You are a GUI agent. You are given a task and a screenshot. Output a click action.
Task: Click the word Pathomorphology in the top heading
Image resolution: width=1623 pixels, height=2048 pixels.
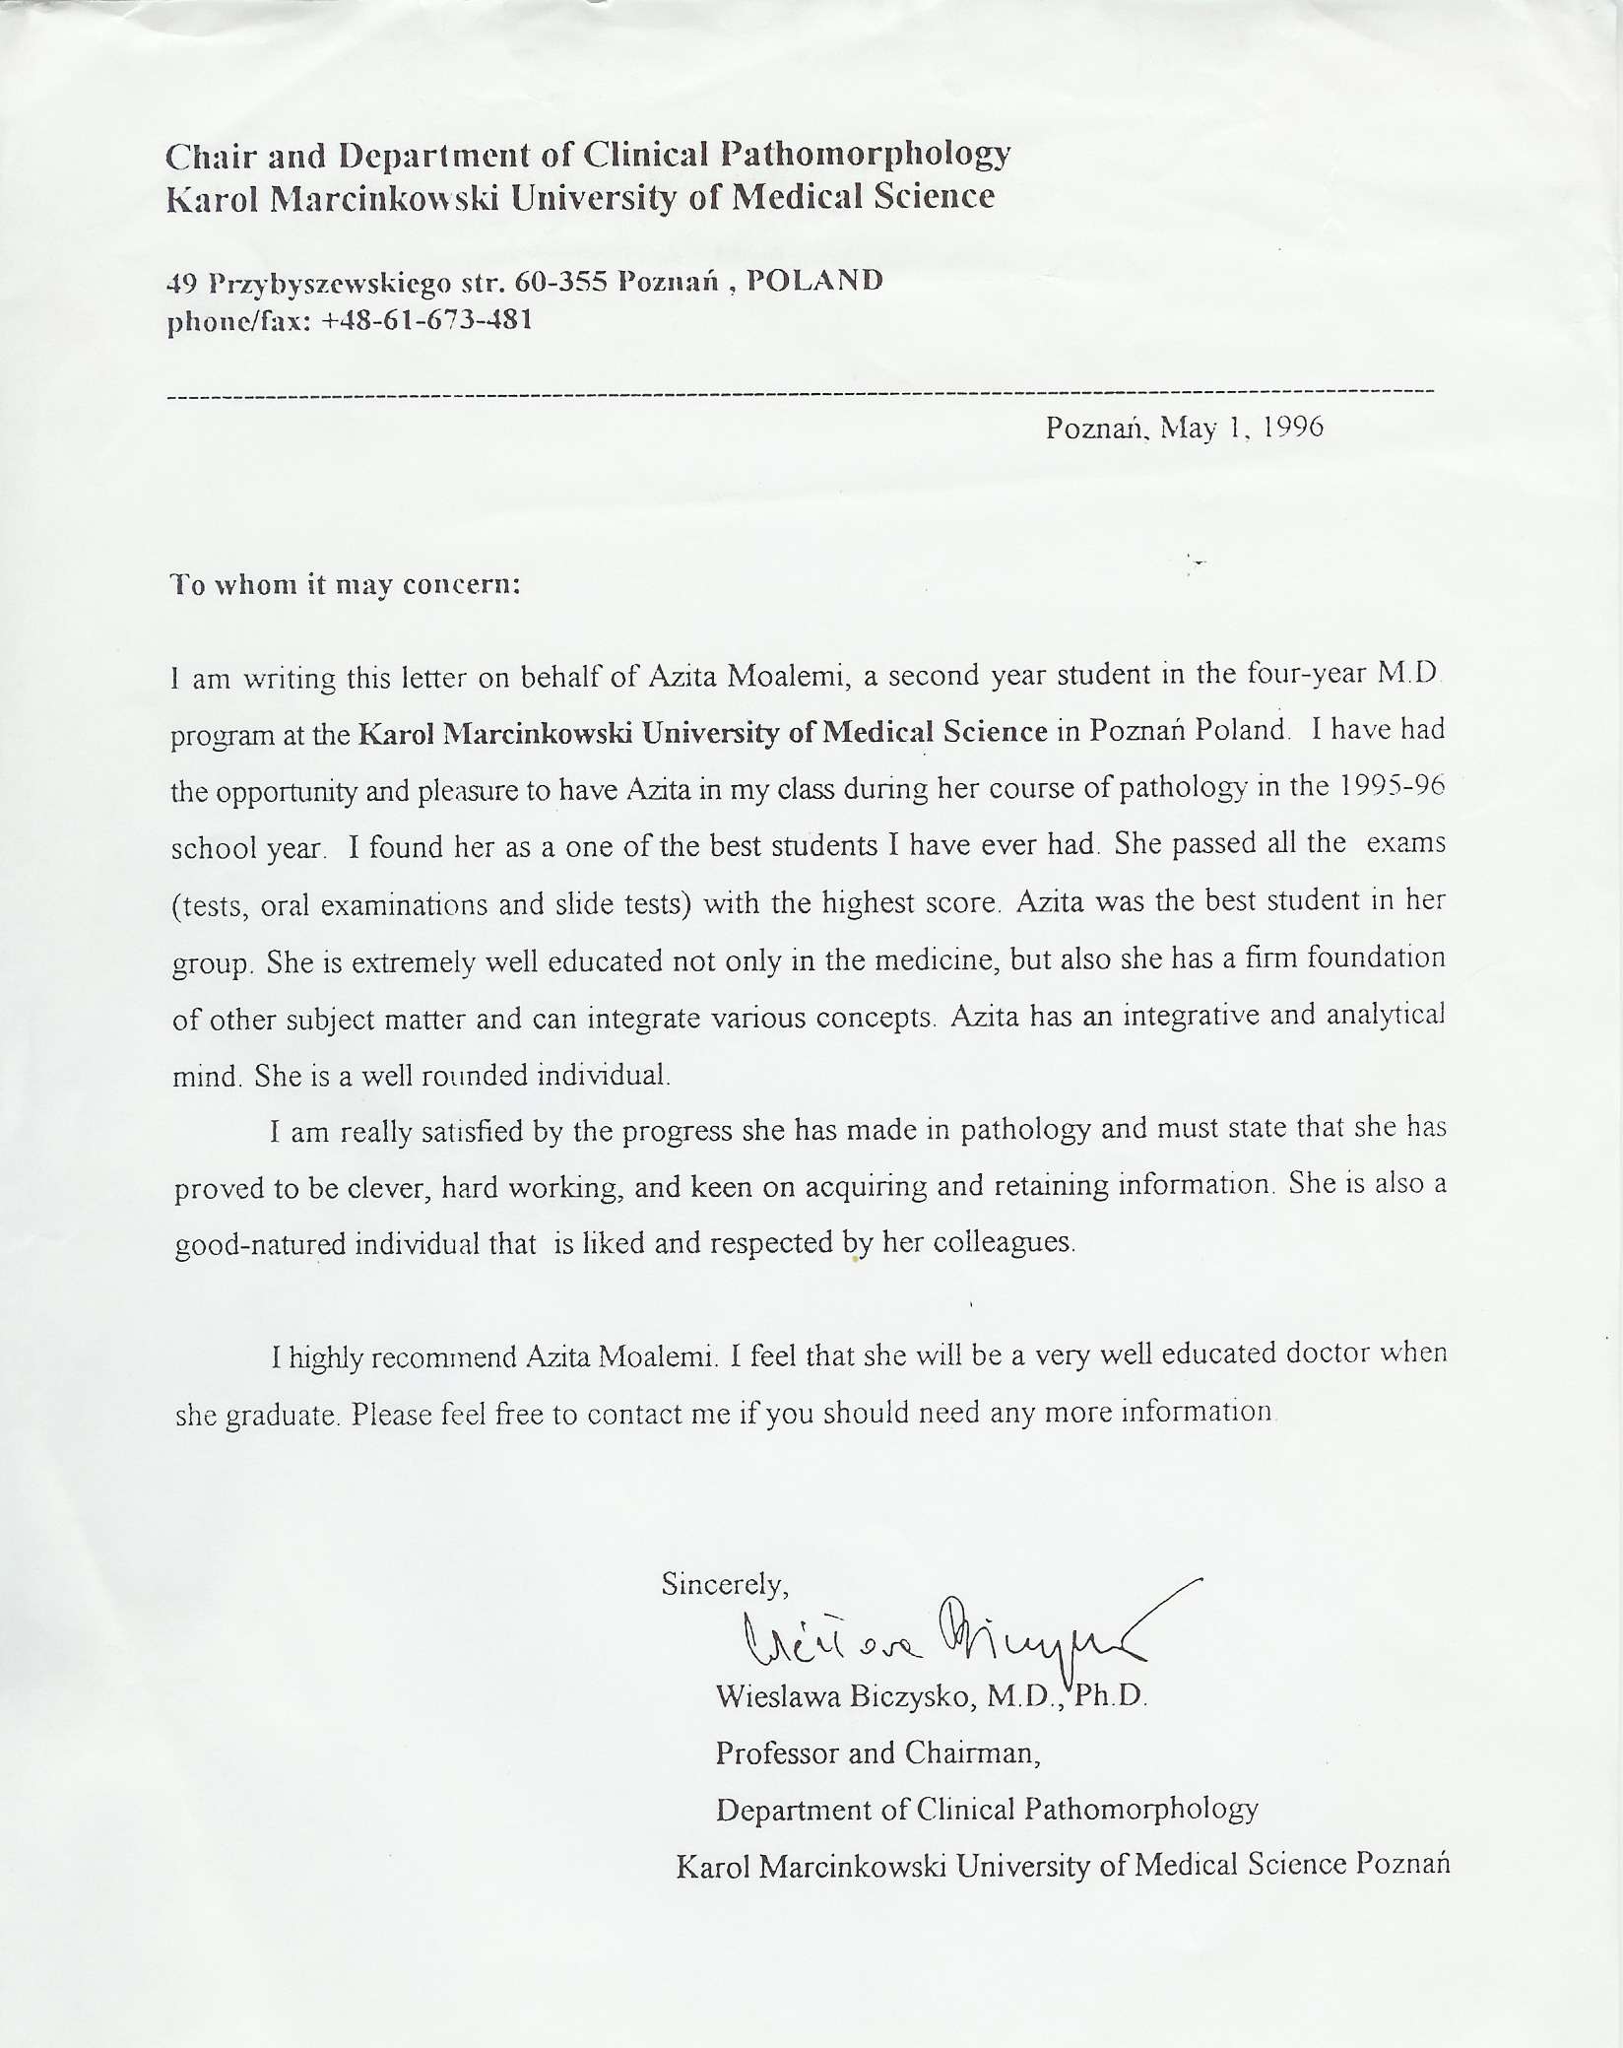pos(866,155)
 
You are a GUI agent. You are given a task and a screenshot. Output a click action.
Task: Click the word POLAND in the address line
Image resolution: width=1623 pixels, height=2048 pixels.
pos(815,281)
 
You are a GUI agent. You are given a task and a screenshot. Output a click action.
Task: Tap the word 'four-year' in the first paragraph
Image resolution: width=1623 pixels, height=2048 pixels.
pos(1307,675)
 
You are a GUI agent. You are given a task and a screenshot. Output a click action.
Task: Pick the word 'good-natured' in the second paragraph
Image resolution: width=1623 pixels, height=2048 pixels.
pos(259,1245)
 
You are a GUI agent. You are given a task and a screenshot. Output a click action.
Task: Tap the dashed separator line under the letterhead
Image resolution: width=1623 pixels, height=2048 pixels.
pos(800,394)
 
